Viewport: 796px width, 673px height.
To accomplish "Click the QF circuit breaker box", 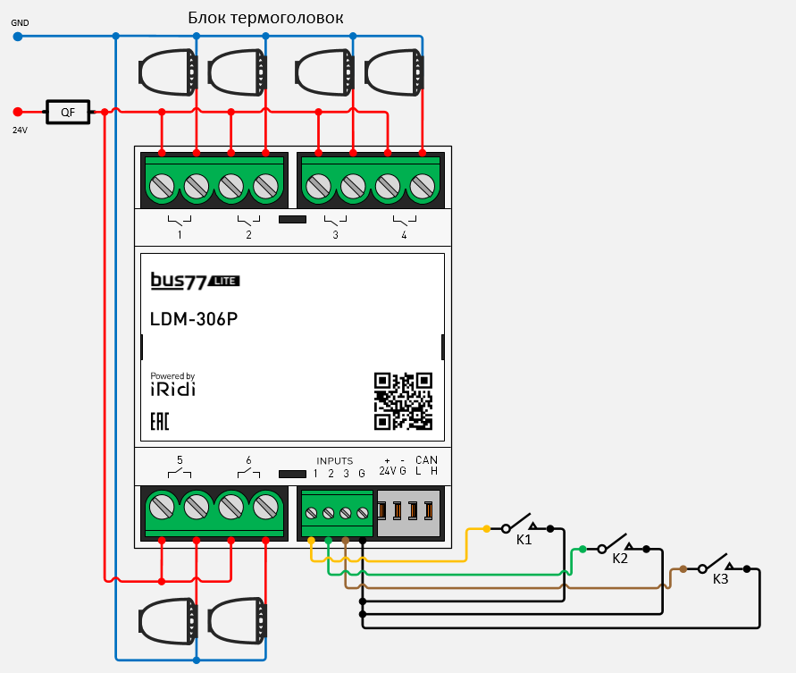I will [x=67, y=112].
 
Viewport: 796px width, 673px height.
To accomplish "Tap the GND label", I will [x=20, y=22].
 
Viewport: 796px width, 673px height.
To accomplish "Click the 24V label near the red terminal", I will [x=20, y=130].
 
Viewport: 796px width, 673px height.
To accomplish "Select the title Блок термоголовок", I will [x=265, y=18].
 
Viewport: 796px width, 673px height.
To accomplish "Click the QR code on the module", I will [x=403, y=400].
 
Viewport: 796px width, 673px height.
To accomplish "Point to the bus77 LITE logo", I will [x=195, y=282].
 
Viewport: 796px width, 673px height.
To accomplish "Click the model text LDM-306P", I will [x=194, y=320].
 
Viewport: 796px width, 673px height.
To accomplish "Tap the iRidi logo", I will [x=172, y=389].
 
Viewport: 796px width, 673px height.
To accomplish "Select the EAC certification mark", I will [x=159, y=421].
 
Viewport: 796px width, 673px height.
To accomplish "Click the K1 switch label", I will [x=524, y=541].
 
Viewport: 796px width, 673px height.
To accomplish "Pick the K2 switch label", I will [x=620, y=559].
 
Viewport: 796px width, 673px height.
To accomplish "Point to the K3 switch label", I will [x=720, y=579].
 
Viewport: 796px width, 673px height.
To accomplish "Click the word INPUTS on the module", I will [x=335, y=461].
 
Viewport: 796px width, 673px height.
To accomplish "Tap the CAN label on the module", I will [x=426, y=460].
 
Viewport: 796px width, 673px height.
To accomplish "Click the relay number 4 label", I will [x=404, y=235].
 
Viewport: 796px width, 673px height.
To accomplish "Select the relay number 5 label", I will [x=180, y=460].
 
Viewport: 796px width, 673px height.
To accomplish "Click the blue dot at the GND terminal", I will [x=17, y=37].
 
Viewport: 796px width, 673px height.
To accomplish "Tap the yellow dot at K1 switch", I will [x=486, y=529].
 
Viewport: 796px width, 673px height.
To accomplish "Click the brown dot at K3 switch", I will [x=683, y=568].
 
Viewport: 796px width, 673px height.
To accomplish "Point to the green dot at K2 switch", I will [x=582, y=549].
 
